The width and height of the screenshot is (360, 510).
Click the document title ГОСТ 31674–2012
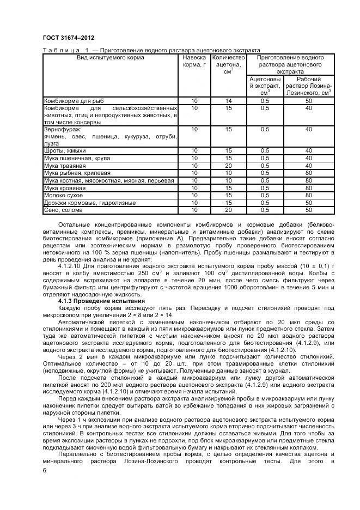tap(65, 38)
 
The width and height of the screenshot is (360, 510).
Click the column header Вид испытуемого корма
tap(111, 57)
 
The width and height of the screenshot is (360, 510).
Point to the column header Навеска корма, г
tap(194, 61)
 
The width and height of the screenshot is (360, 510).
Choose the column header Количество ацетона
tap(229, 64)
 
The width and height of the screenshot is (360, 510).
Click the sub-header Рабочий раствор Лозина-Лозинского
tap(308, 86)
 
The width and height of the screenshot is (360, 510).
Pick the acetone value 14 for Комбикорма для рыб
tap(229, 101)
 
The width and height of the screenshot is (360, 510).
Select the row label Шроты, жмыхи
tap(65, 150)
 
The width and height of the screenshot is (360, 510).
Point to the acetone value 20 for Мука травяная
tap(229, 165)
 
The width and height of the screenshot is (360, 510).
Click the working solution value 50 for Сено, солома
tap(308, 210)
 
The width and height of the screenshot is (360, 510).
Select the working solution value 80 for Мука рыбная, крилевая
tap(308, 173)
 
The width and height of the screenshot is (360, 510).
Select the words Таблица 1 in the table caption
tap(64, 50)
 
